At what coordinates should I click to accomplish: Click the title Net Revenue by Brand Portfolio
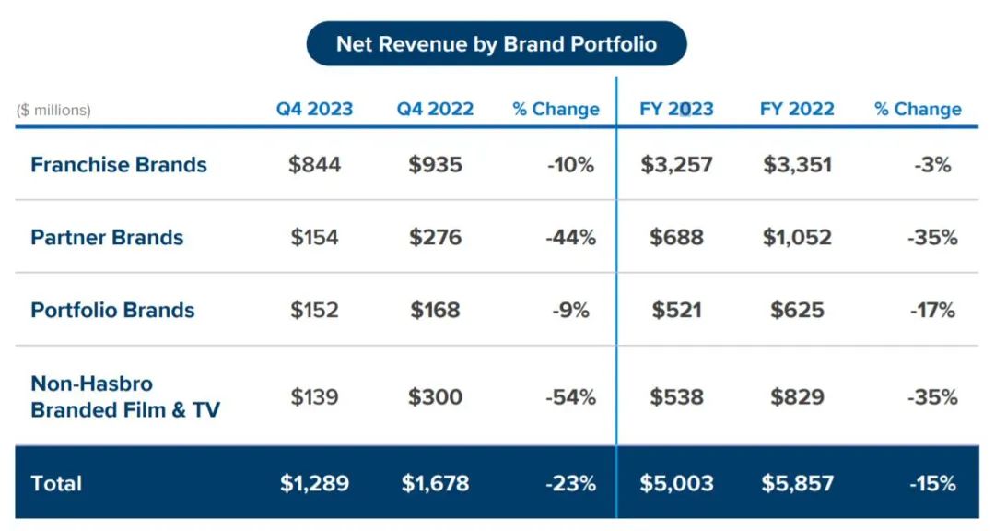(x=496, y=44)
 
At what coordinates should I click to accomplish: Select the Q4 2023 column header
(x=314, y=109)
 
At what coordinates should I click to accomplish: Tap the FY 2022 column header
(x=797, y=109)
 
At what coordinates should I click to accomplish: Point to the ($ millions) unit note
(x=53, y=110)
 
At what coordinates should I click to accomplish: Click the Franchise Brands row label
(x=118, y=165)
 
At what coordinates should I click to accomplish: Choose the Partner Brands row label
(x=107, y=237)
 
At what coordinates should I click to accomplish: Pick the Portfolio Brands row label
(x=112, y=310)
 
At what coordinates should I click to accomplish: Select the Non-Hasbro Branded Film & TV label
(x=125, y=396)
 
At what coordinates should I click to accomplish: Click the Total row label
(x=56, y=483)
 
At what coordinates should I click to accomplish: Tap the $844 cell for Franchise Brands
(x=314, y=165)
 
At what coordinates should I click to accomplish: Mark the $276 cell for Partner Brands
(x=435, y=237)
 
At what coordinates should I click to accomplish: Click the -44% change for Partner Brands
(x=570, y=237)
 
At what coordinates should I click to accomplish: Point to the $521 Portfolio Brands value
(x=676, y=310)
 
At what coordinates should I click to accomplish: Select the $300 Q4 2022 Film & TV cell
(x=435, y=397)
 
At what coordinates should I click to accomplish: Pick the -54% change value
(x=570, y=397)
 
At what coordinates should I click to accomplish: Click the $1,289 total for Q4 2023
(x=314, y=483)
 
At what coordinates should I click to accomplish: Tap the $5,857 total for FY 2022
(x=797, y=483)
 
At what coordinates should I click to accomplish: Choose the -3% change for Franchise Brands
(x=933, y=165)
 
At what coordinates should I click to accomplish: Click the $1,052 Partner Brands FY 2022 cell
(x=797, y=237)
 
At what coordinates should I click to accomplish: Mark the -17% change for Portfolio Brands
(x=933, y=310)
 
